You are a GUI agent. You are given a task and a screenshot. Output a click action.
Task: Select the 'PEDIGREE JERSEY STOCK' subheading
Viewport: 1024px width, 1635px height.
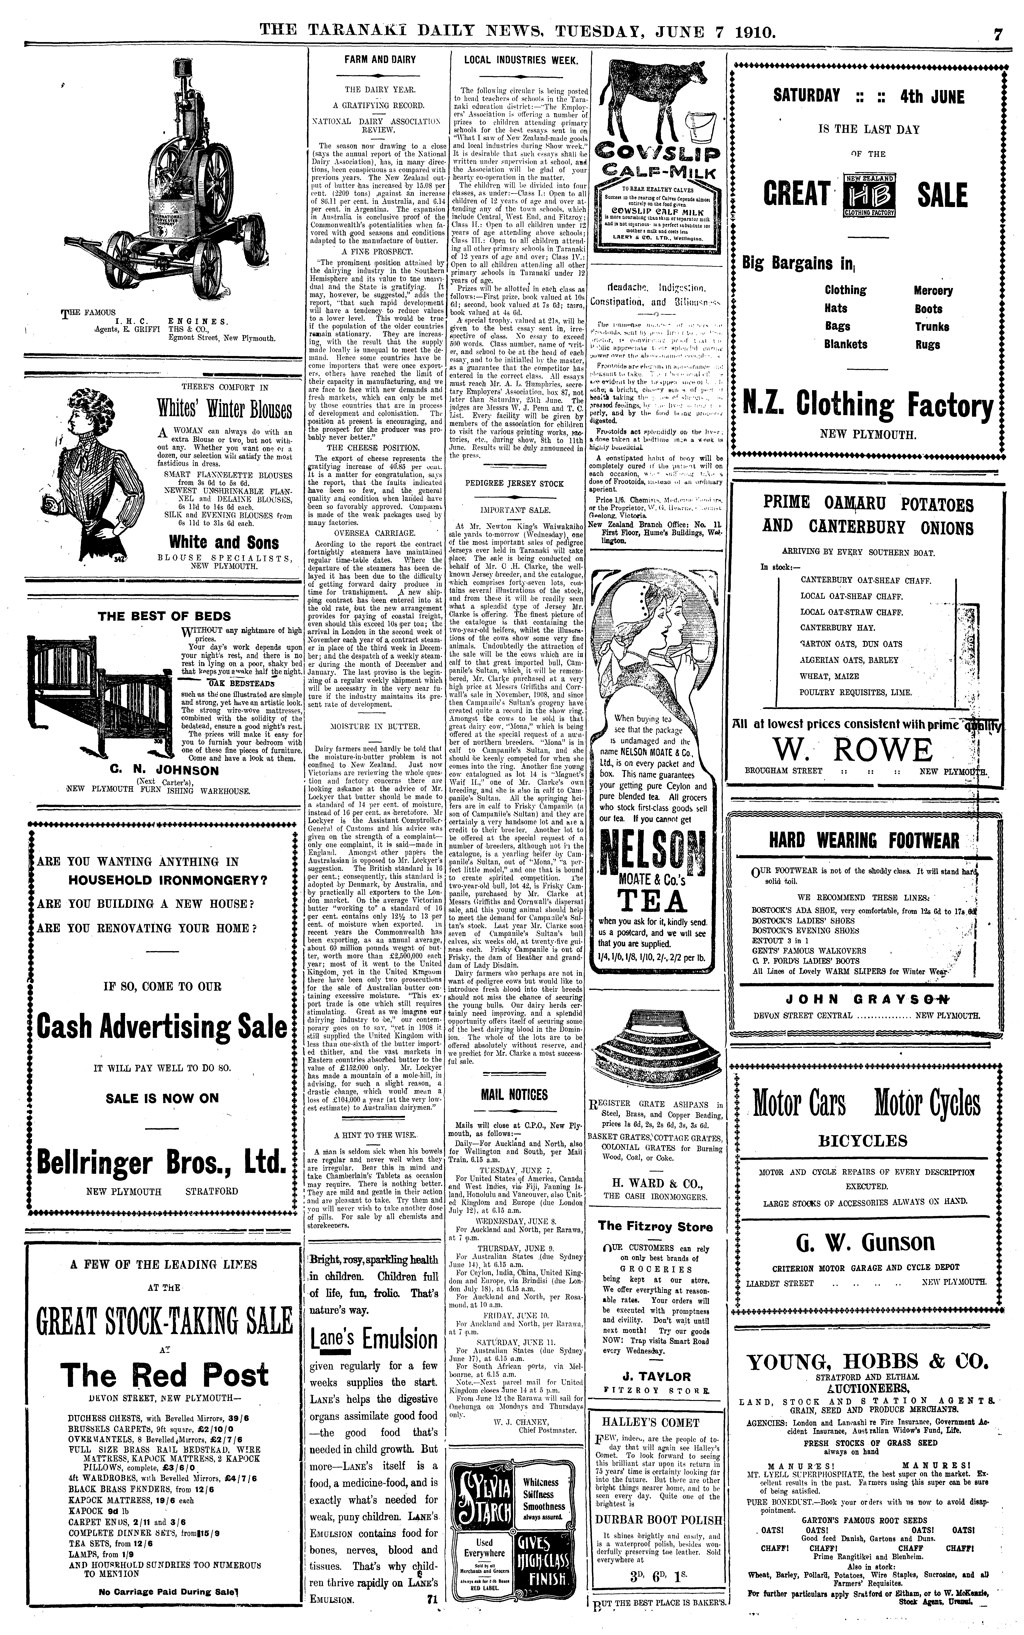click(514, 484)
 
